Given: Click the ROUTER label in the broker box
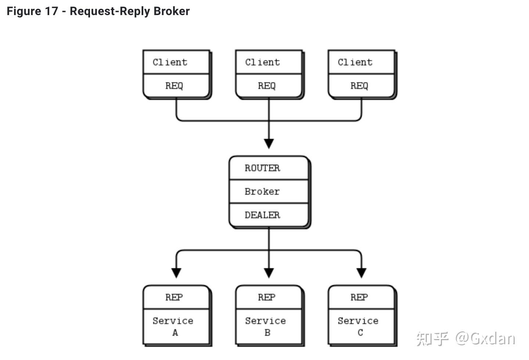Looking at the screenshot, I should tap(262, 168).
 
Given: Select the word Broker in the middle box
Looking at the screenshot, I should tap(262, 191).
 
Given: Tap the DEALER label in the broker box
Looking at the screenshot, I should tap(262, 215).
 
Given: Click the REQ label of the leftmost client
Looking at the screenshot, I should tap(174, 86).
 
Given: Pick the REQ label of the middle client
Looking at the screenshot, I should tap(267, 86).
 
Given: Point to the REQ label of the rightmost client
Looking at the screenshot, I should tap(359, 86).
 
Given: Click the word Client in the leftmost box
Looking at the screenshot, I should tap(170, 62).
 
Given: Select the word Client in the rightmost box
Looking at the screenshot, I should tap(355, 62).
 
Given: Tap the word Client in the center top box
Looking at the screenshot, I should tap(263, 62).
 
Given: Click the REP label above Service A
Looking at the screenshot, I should tap(174, 297).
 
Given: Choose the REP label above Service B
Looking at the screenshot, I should tap(267, 297).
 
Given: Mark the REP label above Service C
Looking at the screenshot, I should tap(359, 297).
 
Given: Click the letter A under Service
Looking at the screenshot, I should tap(175, 332).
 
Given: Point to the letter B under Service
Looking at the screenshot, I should tap(267, 332).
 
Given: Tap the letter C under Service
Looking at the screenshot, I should tap(360, 332).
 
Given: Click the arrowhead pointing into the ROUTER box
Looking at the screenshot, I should tap(269, 143).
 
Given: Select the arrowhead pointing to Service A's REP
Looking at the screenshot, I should tap(176, 273).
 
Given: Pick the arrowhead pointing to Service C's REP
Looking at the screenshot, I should tap(361, 273).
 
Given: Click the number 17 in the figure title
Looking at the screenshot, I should tap(51, 11).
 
